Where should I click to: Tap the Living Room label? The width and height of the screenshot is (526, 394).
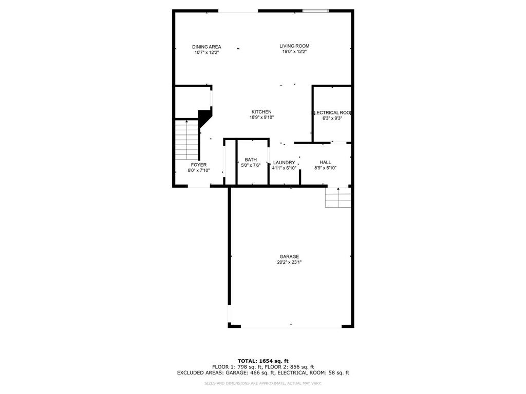coord(294,46)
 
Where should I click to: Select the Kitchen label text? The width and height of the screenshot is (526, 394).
coord(261,112)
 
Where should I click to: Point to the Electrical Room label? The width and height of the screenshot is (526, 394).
coord(332,113)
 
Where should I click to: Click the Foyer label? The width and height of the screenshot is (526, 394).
coord(199,165)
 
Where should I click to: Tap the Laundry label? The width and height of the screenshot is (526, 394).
coord(284,163)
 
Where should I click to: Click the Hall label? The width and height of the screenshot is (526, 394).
coord(325,162)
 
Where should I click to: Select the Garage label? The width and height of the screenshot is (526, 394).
coord(289,257)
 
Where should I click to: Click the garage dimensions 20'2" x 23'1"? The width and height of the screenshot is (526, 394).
coord(289,262)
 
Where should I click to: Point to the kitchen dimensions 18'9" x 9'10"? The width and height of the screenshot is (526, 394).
coord(261,117)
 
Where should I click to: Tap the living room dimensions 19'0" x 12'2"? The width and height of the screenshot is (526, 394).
coord(294,52)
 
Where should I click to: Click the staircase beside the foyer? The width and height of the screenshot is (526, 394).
coord(186,140)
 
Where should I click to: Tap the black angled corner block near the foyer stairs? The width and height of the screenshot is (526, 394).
coord(205,117)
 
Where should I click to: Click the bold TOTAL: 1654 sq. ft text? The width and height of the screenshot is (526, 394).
coord(263,361)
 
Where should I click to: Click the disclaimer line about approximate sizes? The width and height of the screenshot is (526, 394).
coord(263,383)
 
